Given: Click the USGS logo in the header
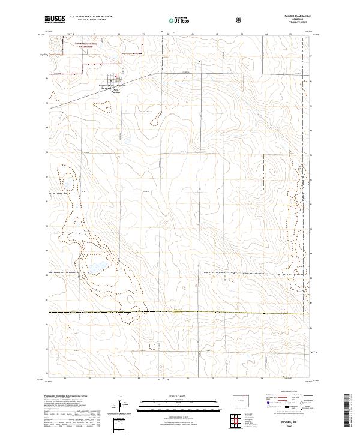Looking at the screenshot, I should (55, 19).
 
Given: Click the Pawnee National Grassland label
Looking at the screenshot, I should (101, 46).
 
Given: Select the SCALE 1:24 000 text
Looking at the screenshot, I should (170, 393).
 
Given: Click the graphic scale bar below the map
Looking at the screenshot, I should (170, 401).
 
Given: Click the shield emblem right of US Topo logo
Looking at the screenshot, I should (206, 20).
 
